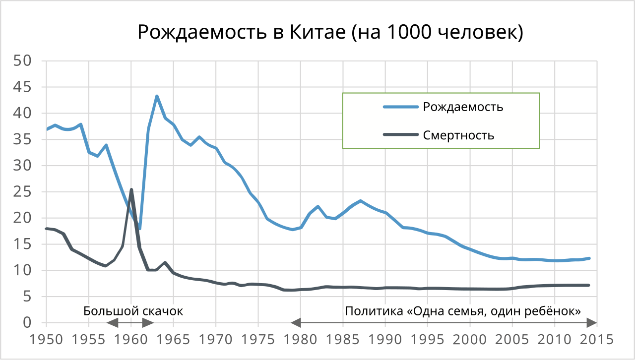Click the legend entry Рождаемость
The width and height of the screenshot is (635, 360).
pyautogui.click(x=463, y=107)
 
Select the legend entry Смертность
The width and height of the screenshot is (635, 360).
pyautogui.click(x=458, y=135)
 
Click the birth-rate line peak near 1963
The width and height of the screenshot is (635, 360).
pyautogui.click(x=157, y=96)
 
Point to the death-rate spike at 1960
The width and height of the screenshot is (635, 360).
pyautogui.click(x=131, y=189)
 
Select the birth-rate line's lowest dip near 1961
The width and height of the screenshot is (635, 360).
pyautogui.click(x=140, y=229)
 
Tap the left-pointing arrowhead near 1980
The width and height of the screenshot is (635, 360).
pyautogui.click(x=296, y=323)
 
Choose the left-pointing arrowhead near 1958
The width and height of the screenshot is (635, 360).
pyautogui.click(x=113, y=323)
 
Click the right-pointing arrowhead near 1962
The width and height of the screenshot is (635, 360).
pyautogui.click(x=148, y=323)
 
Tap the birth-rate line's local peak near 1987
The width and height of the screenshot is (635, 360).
pyautogui.click(x=360, y=201)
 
